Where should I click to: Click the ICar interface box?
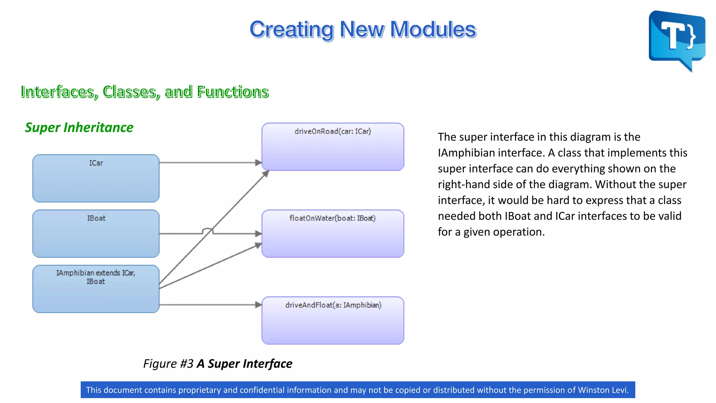[x=96, y=178]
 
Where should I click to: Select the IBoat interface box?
[x=96, y=234]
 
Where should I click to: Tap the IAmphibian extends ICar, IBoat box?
[x=96, y=289]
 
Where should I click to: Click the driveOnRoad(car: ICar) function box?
[x=332, y=147]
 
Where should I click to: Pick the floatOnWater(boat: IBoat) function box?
[x=332, y=234]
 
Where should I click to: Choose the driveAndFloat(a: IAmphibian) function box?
[x=332, y=320]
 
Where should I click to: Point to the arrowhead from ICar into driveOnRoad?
[x=258, y=163]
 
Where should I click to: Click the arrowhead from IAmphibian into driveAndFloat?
[x=258, y=305]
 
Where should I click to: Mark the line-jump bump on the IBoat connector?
[x=208, y=230]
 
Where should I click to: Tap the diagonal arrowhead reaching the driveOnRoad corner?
[x=266, y=174]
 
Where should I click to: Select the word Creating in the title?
[x=292, y=29]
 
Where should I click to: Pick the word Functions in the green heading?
[x=232, y=92]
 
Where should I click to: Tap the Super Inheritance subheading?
[x=79, y=127]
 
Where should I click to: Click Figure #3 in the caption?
[x=168, y=364]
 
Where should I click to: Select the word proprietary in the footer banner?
[x=200, y=390]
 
